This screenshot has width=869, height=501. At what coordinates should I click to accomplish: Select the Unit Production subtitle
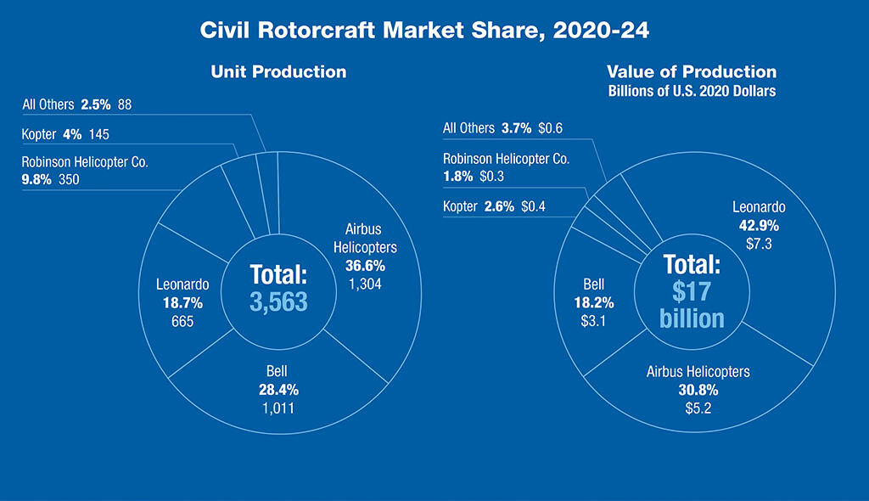coord(278,72)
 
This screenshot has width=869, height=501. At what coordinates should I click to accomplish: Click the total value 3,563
coord(278,301)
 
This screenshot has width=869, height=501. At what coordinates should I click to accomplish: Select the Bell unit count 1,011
coord(278,408)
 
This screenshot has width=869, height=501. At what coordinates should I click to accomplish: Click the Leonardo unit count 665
coord(181,321)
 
